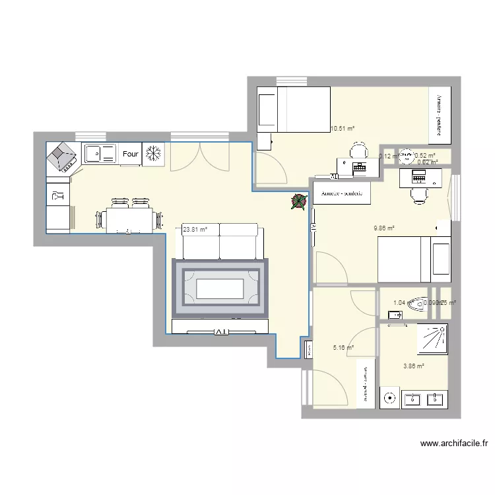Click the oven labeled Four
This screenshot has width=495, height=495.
tap(131, 154)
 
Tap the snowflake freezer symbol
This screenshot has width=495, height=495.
tap(153, 154)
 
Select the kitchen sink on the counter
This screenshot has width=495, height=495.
tap(100, 154)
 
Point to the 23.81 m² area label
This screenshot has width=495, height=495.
tap(195, 230)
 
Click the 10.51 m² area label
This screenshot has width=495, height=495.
tap(343, 129)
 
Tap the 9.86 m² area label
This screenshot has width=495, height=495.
tap(383, 228)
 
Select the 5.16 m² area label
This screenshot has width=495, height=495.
tap(343, 347)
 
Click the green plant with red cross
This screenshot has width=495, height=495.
tap(298, 203)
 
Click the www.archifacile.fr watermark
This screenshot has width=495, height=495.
tap(452, 444)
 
